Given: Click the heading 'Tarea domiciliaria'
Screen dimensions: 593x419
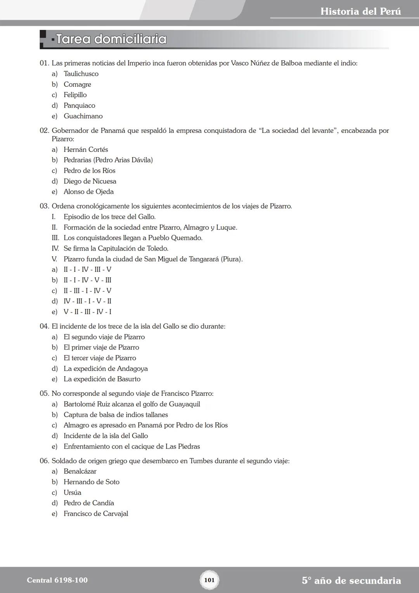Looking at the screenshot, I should (111, 39).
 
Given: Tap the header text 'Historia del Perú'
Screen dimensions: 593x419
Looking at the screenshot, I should (360, 11).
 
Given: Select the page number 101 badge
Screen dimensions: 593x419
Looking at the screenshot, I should (209, 580).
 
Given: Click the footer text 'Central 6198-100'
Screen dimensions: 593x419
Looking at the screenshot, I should (57, 580).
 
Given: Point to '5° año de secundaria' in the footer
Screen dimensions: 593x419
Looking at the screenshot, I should (351, 581).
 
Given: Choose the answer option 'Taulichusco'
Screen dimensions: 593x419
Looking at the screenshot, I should (81, 74).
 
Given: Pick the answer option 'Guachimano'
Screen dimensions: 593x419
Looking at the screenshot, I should (83, 116).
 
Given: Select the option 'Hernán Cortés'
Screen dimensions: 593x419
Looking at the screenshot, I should (86, 150).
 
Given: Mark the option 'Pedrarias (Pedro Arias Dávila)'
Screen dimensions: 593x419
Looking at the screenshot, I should (108, 160).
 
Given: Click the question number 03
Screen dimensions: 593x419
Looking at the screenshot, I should (44, 206).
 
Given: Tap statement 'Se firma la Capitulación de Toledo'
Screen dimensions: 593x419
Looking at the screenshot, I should (116, 249).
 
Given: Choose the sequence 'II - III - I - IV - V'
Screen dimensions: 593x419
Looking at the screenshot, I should (87, 291).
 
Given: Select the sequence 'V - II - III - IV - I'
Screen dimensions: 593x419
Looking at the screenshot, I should (87, 312).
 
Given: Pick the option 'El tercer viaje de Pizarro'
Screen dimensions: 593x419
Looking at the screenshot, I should (100, 358).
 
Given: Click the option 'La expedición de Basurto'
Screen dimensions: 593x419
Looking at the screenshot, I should (102, 379).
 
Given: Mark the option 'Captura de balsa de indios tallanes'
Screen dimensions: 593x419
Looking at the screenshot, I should (116, 415).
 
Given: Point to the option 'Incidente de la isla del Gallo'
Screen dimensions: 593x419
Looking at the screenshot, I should (106, 436).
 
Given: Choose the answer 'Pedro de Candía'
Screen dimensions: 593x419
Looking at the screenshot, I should (89, 503).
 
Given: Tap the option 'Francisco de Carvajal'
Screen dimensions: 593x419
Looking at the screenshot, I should (96, 513).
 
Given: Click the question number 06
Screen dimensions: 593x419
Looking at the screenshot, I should (44, 461).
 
